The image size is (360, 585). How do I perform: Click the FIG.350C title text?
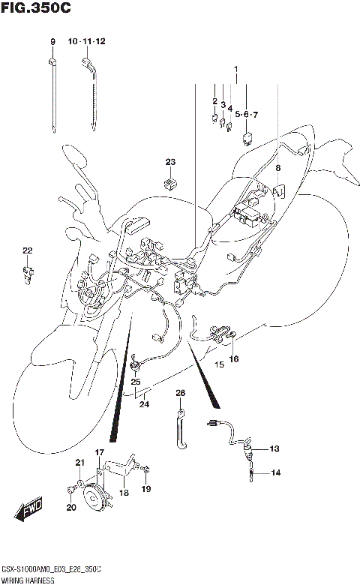36,10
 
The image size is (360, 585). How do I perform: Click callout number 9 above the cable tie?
52,40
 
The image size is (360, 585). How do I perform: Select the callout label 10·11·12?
87,40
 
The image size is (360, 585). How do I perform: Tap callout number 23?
170,163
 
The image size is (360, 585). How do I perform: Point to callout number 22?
27,250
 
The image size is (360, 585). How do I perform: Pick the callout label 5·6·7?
245,115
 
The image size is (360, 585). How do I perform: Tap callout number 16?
234,359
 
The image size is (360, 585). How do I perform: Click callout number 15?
220,364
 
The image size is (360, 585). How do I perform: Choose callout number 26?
180,393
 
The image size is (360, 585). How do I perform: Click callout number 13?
274,448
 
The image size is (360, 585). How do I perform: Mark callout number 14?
274,472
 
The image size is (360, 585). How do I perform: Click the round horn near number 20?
94,498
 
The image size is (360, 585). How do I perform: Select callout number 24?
144,405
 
